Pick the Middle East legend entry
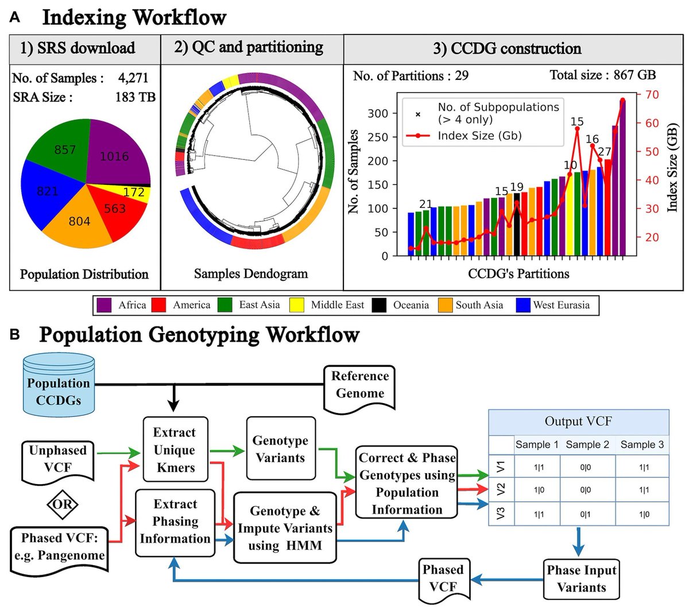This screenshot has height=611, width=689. click(336, 305)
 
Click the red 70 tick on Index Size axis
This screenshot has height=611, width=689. click(652, 95)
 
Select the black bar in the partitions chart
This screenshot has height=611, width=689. click(517, 225)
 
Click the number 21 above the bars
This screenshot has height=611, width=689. click(425, 204)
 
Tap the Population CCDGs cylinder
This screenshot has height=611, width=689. click(59, 385)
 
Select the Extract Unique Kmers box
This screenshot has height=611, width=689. click(175, 450)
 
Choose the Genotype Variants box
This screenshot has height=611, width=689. click(280, 448)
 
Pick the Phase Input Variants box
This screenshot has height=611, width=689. click(581, 578)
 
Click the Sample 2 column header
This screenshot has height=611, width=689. click(587, 444)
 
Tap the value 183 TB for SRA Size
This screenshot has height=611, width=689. click(135, 97)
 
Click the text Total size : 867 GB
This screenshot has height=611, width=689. click(602, 75)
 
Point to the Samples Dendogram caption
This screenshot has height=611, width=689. click(251, 274)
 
